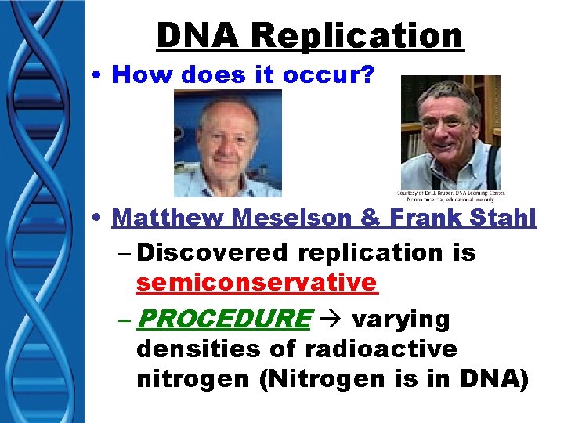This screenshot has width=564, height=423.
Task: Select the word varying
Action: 401,320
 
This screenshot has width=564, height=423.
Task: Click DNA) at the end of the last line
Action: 497,379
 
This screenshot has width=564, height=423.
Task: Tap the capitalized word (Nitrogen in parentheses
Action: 302,379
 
